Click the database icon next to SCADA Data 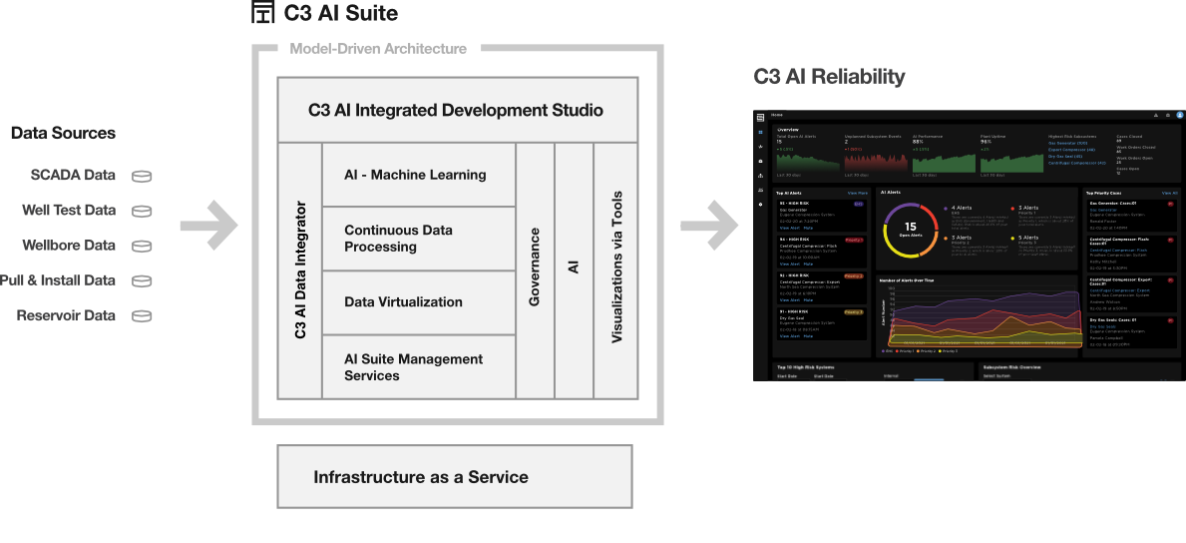(143, 176)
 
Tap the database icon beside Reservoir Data (143, 316)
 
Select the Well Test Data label (69, 211)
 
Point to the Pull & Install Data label (59, 280)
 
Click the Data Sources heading (63, 133)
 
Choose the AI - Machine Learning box (415, 175)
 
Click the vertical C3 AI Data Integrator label (300, 271)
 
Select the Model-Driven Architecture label (377, 48)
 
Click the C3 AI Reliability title (829, 76)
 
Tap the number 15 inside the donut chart (910, 228)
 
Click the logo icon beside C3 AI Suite (263, 13)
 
